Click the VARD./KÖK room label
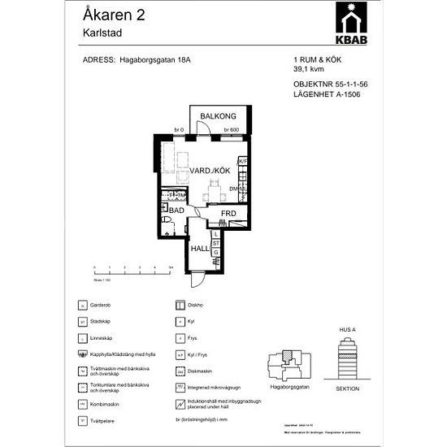tap(211, 171)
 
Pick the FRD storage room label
tap(228, 214)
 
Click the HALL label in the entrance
tap(200, 249)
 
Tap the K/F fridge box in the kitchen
tap(241, 162)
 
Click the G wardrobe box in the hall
tap(215, 253)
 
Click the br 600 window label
tap(230, 130)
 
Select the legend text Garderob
tap(101, 306)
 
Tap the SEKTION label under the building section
tap(348, 388)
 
